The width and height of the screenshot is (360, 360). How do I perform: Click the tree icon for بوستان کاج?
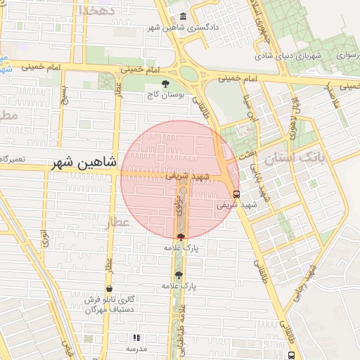[165, 84]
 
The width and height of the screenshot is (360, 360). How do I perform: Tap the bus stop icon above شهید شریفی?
[236, 195]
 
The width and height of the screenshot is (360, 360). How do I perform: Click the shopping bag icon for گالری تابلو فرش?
[109, 289]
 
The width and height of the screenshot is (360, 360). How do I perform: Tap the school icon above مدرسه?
[136, 337]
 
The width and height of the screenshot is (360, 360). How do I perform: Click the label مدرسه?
[136, 349]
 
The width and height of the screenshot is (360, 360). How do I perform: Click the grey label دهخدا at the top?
[96, 10]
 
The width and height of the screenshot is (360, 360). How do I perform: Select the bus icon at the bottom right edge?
[291, 355]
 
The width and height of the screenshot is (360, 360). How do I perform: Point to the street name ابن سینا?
[247, 108]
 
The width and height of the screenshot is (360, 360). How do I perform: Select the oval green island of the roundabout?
[188, 72]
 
